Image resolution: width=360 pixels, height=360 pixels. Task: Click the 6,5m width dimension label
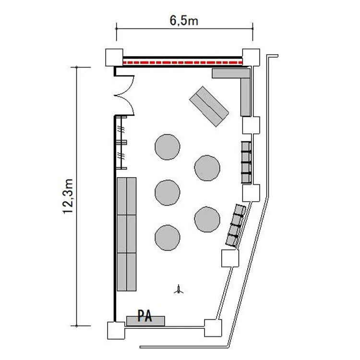point(184,21)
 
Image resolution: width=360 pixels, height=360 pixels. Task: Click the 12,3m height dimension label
point(68,196)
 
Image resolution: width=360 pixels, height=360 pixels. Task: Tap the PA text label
point(144,316)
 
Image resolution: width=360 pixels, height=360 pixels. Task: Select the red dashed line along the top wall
point(183,62)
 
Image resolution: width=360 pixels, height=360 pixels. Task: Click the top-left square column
point(114,58)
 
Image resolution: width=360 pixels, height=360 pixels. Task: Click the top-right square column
point(251,58)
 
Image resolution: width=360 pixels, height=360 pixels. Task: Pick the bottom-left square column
point(116,330)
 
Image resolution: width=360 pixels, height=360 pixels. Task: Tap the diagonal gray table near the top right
point(209,106)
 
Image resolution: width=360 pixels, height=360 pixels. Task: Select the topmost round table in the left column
point(168,147)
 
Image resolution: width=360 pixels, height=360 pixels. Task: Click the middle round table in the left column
point(168,192)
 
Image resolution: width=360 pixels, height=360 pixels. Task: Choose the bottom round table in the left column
point(168,238)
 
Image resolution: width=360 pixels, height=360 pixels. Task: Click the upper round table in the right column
point(207,168)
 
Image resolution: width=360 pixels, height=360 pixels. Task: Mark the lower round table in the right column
point(207,219)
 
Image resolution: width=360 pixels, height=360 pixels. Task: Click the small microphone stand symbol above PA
point(179,289)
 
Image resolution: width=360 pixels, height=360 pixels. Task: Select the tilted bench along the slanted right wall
point(236,226)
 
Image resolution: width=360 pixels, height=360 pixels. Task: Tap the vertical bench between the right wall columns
point(246,163)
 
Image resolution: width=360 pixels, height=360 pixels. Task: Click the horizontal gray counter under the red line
point(231,73)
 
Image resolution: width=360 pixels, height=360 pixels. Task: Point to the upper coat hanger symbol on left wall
point(121,130)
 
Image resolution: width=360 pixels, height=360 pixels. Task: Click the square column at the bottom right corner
point(213,328)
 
